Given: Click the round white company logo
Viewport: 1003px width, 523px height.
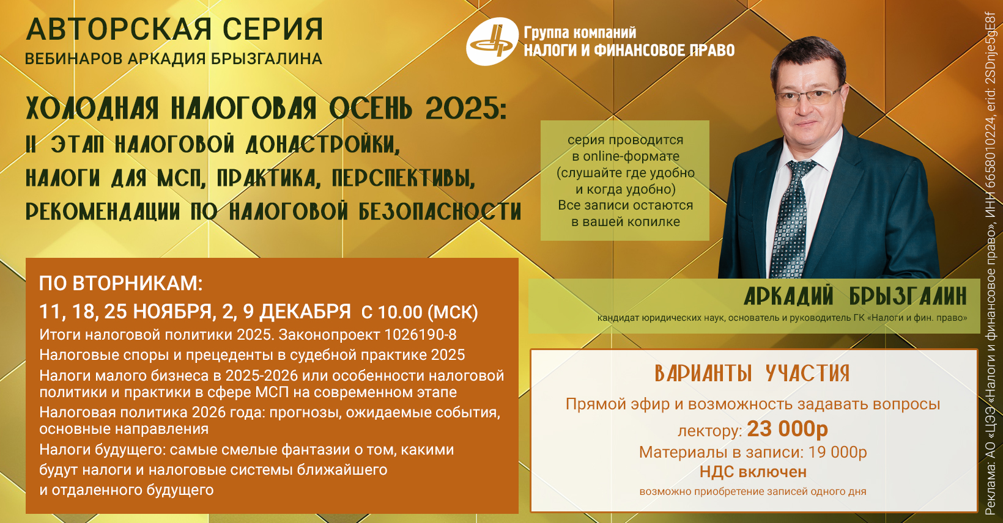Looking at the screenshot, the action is [492, 41].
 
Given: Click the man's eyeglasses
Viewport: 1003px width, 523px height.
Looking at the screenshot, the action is [809, 96].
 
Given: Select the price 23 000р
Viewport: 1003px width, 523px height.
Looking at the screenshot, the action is [787, 429].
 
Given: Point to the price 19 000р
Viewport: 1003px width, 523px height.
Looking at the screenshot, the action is [837, 452].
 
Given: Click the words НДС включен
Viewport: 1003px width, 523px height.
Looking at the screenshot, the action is [753, 472].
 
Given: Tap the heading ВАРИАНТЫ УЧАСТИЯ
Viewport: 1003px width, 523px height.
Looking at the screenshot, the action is [752, 373].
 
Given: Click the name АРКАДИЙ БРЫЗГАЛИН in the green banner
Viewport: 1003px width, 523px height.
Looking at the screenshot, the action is [855, 296].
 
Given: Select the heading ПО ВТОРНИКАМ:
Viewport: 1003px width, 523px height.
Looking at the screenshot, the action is [121, 283].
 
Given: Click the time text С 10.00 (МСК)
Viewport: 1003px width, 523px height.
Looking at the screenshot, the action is [420, 312].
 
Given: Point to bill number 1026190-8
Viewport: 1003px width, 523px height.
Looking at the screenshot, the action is [420, 335].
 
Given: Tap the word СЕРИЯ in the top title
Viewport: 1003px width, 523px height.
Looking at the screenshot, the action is [273, 29].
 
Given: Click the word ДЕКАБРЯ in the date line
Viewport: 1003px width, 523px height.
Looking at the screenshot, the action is [305, 312].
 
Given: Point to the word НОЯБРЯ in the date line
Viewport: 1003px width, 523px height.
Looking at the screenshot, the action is [172, 312].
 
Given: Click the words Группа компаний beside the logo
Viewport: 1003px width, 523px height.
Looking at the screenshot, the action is [580, 32].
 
